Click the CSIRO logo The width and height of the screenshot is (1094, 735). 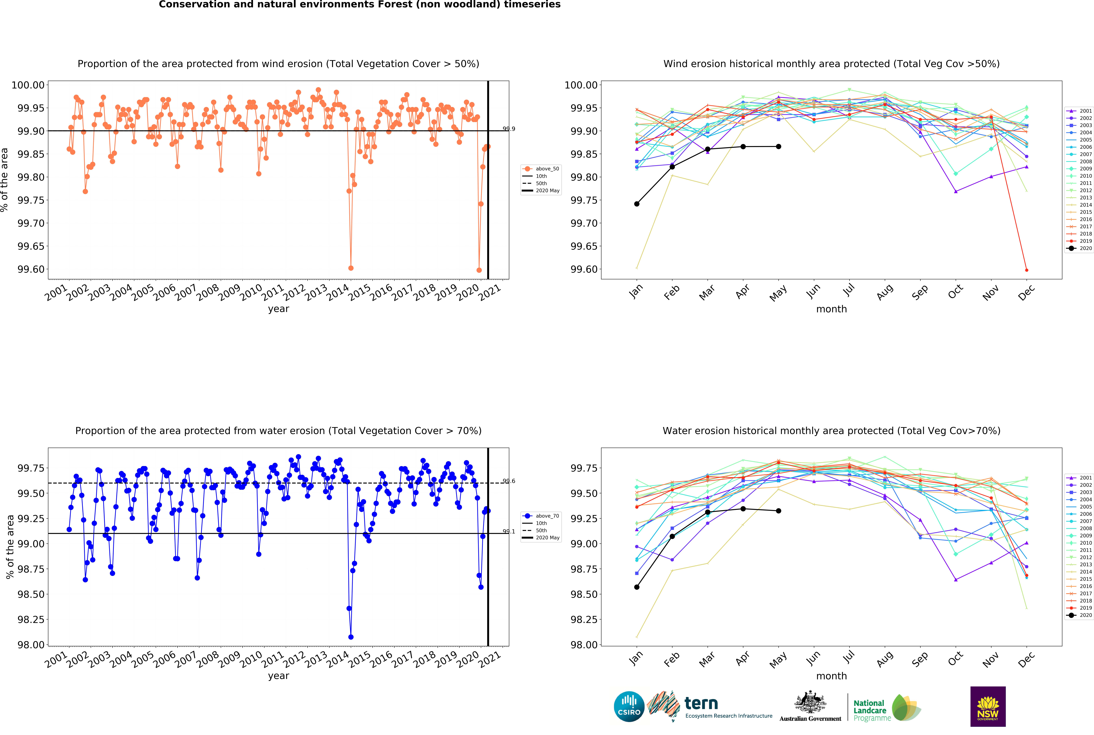(x=629, y=706)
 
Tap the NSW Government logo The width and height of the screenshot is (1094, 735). (x=988, y=706)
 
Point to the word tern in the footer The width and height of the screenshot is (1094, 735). (x=701, y=703)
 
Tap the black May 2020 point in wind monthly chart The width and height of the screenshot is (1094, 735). (x=778, y=147)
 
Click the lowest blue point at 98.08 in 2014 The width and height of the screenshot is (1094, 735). (x=351, y=637)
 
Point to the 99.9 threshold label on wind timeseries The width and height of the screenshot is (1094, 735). (x=509, y=129)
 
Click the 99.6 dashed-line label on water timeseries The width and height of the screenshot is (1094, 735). (x=509, y=481)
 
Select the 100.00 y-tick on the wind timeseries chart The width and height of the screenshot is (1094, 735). (x=28, y=85)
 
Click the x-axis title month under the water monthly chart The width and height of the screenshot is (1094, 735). (x=831, y=676)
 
